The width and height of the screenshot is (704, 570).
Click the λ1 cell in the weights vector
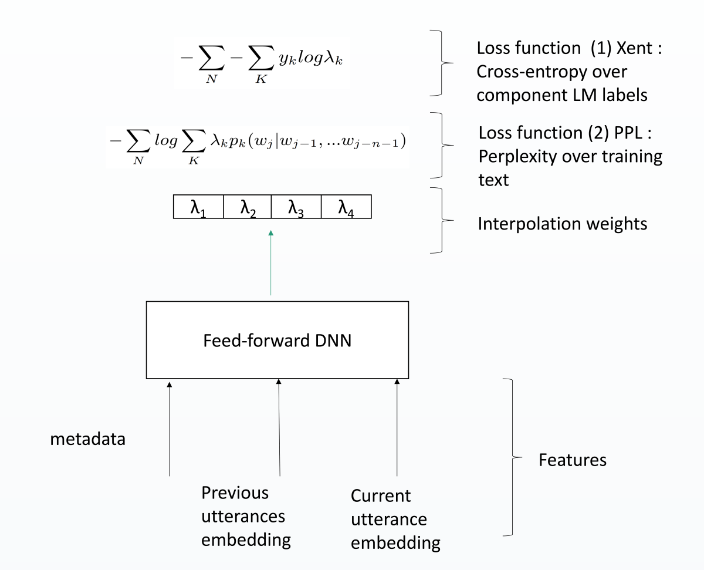198,207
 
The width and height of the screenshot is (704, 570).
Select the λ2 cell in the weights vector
248,207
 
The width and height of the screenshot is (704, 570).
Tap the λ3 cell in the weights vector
296,207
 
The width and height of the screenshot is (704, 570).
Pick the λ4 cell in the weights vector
346,207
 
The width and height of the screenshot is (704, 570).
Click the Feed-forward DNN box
277,340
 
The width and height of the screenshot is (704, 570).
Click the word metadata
87,439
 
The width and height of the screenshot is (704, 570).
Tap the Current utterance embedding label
395,520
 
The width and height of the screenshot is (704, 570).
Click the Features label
572,459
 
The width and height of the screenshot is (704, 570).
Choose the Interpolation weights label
563,223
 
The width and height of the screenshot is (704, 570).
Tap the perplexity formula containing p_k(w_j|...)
256,144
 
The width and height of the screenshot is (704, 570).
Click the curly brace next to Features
512,457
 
